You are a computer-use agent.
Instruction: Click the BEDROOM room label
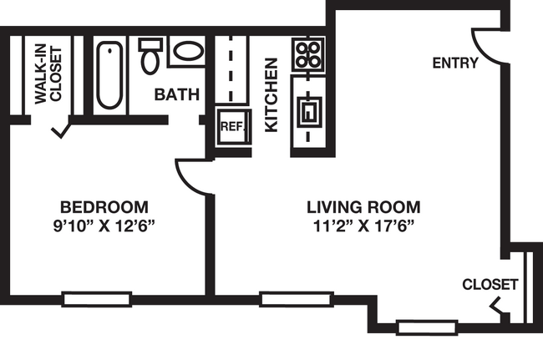[x=104, y=207]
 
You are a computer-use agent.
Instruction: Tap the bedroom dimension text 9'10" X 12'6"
[x=104, y=226]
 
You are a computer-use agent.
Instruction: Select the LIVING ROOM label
[x=363, y=207]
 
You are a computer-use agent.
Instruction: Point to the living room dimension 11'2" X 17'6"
[x=363, y=226]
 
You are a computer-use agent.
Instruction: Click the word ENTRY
[x=455, y=63]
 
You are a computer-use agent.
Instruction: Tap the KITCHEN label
[x=271, y=95]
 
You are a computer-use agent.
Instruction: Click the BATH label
[x=177, y=94]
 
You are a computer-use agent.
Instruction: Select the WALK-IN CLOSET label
[x=48, y=74]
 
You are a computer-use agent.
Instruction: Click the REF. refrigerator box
[x=233, y=127]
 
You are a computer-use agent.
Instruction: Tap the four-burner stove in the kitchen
[x=308, y=54]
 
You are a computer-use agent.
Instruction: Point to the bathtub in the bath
[x=109, y=75]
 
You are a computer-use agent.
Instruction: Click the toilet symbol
[x=150, y=55]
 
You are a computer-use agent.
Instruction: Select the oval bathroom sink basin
[x=188, y=51]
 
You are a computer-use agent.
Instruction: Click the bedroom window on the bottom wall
[x=97, y=299]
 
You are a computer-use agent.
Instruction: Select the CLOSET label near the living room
[x=490, y=285]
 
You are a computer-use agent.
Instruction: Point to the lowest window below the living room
[x=427, y=327]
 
